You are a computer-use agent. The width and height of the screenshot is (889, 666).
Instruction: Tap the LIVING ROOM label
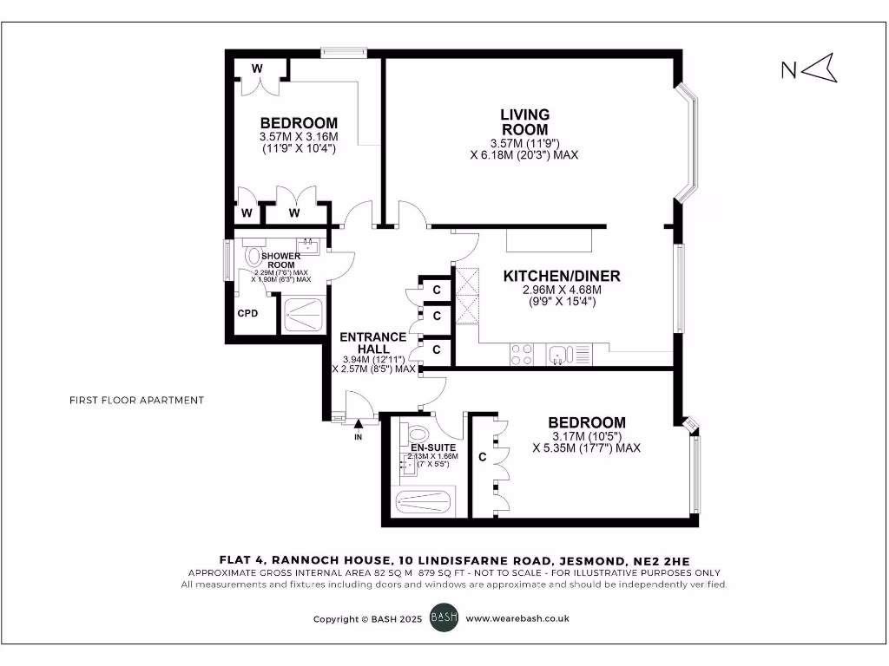click(x=524, y=121)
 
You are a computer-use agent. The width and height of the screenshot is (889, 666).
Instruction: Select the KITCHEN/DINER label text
click(x=562, y=277)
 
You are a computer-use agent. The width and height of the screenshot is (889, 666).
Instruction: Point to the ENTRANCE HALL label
click(x=372, y=343)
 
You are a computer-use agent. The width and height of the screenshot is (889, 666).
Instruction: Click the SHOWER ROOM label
click(x=280, y=260)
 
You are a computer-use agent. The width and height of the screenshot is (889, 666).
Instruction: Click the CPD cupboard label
click(x=247, y=313)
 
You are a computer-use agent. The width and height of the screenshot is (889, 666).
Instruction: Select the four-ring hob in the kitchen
click(x=522, y=354)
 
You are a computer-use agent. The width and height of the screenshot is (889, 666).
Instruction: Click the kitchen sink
click(x=558, y=354)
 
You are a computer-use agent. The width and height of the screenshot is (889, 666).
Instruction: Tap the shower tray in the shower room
click(x=303, y=314)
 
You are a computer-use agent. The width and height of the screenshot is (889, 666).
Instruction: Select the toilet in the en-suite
click(x=418, y=433)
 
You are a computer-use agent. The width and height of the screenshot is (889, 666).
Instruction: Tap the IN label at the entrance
click(x=358, y=436)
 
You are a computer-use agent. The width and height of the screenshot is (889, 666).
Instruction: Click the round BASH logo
click(x=444, y=619)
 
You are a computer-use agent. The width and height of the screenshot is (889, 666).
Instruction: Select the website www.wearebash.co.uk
click(x=517, y=619)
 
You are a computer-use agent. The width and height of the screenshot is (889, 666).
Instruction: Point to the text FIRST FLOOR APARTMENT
click(x=136, y=400)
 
